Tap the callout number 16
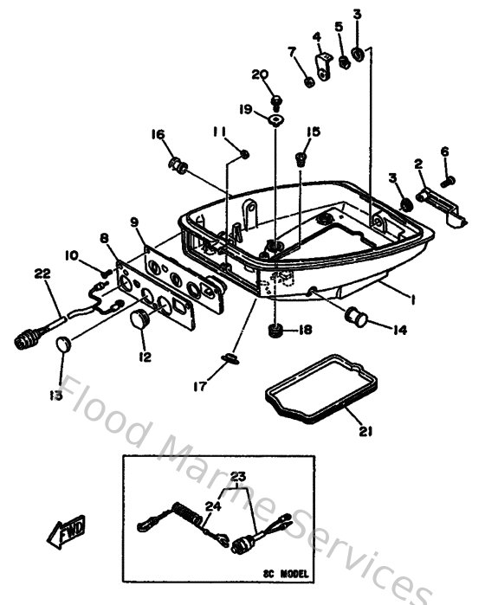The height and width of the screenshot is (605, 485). [x=157, y=135]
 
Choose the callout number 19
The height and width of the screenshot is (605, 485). [x=245, y=109]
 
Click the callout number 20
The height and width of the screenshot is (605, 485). [x=261, y=75]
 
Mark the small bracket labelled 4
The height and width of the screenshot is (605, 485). [x=327, y=68]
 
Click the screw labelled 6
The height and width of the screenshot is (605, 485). [x=449, y=180]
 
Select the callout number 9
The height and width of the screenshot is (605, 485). [x=134, y=222]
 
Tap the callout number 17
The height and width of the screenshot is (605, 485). [x=199, y=388]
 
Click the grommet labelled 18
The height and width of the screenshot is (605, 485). [x=276, y=331]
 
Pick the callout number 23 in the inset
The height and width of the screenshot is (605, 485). [x=237, y=476]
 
